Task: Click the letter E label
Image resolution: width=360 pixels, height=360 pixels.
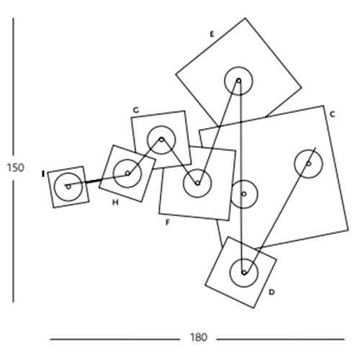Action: point(212,35)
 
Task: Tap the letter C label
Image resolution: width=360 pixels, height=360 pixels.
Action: point(332,114)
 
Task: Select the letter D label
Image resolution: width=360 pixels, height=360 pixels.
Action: point(271,292)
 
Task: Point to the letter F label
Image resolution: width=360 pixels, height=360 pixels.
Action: point(168,222)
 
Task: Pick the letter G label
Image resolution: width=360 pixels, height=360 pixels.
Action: point(136,110)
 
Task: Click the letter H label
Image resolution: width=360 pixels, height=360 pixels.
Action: point(115,202)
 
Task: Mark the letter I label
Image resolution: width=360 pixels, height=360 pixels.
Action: point(43,174)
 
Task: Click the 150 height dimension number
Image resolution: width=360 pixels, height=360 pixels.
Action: point(16,168)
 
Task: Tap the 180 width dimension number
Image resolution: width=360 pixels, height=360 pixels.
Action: point(198,338)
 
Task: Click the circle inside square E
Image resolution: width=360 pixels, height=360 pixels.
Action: point(238,67)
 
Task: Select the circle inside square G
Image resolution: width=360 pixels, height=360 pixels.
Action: point(161,126)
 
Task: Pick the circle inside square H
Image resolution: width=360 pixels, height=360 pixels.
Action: point(127,159)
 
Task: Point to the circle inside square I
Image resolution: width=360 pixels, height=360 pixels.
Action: point(68,173)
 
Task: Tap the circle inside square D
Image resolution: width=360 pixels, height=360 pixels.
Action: point(244,258)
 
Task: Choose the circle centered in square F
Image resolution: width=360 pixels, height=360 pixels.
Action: point(197,169)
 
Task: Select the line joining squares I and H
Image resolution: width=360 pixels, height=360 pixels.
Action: point(97,180)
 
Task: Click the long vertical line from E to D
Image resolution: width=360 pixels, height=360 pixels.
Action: point(241,176)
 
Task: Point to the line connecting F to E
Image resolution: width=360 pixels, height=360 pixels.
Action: point(218,132)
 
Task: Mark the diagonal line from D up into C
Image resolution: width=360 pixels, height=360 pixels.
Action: point(279,210)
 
